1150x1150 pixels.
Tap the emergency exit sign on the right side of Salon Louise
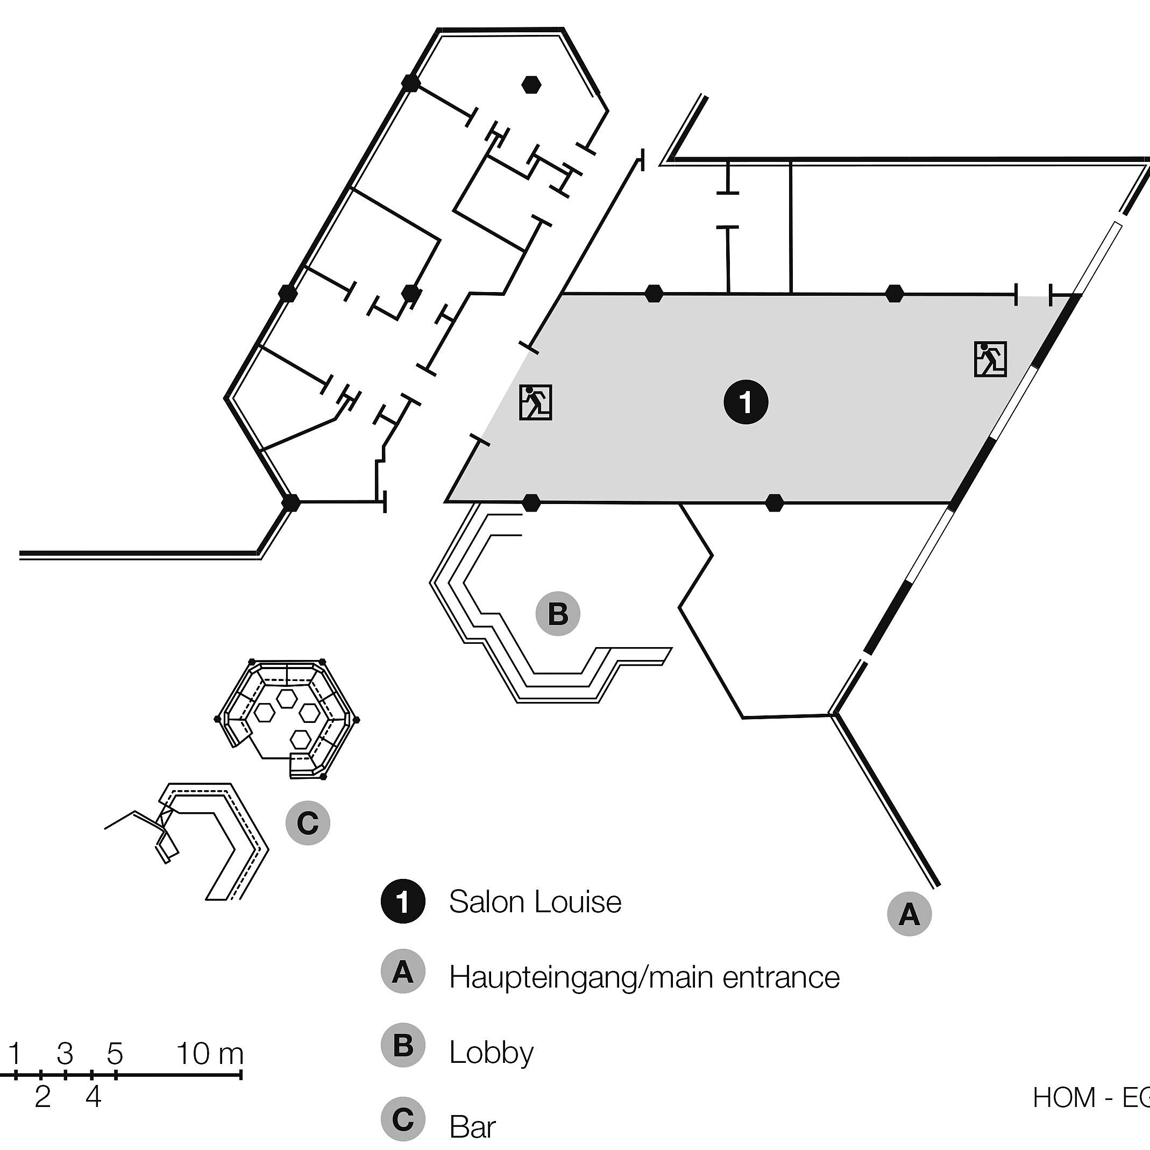990,359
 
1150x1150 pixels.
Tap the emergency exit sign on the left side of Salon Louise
535,402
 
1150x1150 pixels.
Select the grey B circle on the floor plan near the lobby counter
557,614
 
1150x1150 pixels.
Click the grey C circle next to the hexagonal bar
308,823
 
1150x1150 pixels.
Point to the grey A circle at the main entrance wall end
909,914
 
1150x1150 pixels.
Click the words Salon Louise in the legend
535,902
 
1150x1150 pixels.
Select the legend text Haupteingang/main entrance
644,977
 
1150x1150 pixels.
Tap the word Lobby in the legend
491,1053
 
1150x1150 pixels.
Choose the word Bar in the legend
473,1127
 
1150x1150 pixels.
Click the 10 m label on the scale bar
210,1054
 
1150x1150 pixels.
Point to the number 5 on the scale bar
115,1054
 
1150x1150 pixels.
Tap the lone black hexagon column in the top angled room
530,85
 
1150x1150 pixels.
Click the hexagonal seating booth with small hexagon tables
287,719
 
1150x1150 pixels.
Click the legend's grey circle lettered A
403,976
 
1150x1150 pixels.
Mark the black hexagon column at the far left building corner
290,502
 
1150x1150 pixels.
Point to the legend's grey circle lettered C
403,1120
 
